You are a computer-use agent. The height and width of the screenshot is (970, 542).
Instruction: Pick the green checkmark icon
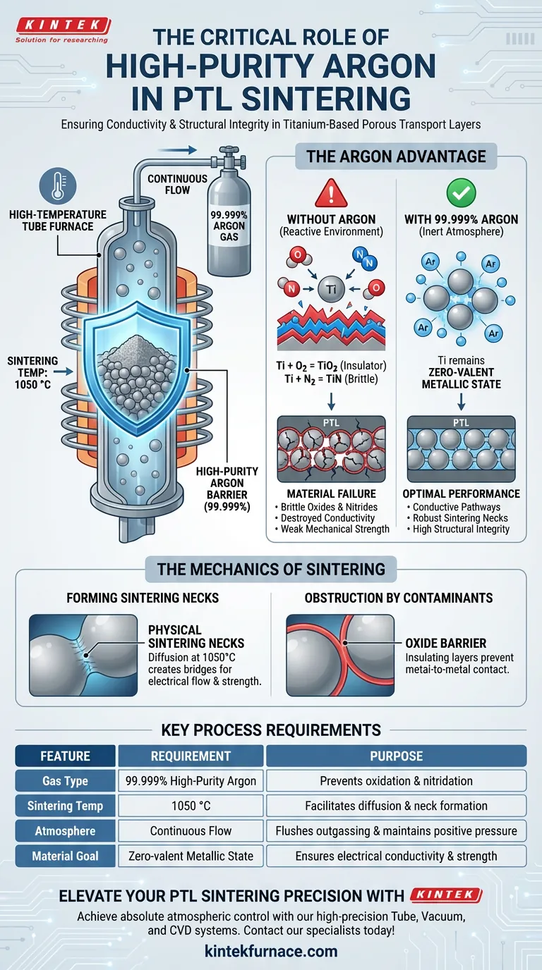point(462,192)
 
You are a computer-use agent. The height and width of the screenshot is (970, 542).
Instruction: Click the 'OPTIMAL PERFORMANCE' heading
point(462,493)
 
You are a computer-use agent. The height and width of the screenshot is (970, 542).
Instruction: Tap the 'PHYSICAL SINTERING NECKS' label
point(196,636)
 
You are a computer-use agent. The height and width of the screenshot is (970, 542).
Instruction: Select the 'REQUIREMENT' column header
point(191,756)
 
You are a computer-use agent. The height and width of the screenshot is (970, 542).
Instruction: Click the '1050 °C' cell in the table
point(191,806)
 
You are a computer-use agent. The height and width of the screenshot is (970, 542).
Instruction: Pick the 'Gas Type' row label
point(65,781)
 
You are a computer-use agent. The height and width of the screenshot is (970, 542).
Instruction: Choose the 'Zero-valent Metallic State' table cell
point(191,856)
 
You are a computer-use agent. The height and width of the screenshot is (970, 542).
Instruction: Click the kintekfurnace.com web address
point(271,951)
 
